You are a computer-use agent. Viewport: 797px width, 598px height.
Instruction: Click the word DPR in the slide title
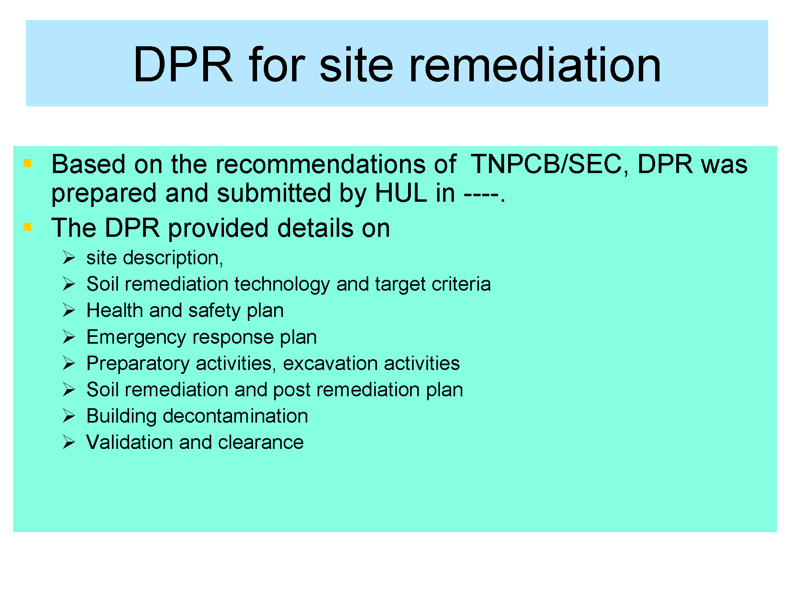[x=183, y=65]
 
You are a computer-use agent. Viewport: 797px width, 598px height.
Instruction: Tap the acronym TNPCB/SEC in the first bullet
[x=546, y=164]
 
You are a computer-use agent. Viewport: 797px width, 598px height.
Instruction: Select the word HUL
[x=401, y=193]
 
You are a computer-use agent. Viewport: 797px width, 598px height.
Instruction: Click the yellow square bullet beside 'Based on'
[x=27, y=163]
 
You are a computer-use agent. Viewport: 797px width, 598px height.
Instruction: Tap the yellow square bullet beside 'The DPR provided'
[x=27, y=227]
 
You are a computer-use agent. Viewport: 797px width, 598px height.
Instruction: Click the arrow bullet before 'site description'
[x=69, y=258]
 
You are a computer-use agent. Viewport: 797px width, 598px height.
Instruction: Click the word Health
[x=115, y=310]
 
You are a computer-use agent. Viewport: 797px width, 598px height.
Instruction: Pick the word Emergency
[x=136, y=338]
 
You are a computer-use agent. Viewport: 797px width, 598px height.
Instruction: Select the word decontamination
[x=236, y=416]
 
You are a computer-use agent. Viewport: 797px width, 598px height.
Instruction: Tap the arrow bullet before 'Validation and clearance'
[x=69, y=442]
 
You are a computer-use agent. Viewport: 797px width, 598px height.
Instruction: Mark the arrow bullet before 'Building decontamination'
[x=69, y=416]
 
